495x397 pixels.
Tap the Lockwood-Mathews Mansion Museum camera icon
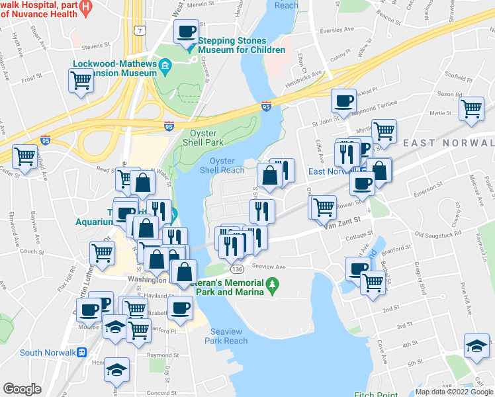click(x=165, y=64)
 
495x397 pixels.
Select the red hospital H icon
click(x=85, y=9)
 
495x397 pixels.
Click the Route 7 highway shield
click(x=138, y=30)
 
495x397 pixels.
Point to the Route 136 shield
click(x=236, y=270)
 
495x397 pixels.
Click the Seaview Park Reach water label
click(x=229, y=336)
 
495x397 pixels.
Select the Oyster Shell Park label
click(x=202, y=138)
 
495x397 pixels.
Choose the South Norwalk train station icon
click(x=83, y=352)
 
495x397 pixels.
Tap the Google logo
click(x=22, y=388)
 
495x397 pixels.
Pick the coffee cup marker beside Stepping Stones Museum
click(x=186, y=31)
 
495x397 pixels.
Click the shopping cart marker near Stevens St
click(x=81, y=81)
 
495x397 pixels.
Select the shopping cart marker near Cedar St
click(x=25, y=157)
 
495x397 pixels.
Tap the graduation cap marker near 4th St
click(x=476, y=346)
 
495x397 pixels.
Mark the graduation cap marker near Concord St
click(x=116, y=369)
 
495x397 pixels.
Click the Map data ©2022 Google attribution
click(x=453, y=392)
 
